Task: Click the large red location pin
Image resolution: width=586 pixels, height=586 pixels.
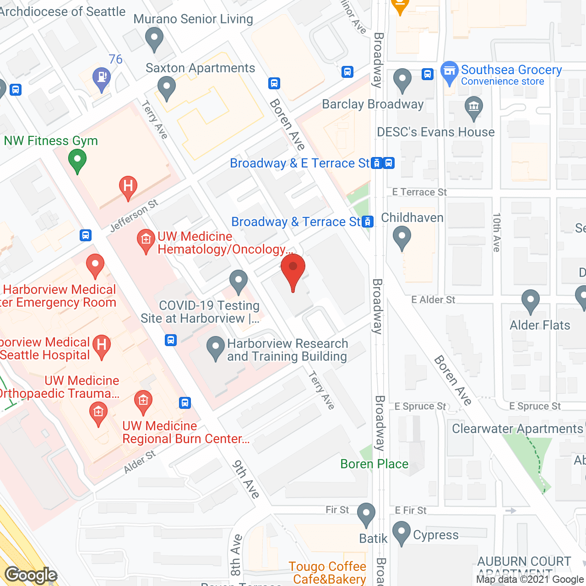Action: [293, 270]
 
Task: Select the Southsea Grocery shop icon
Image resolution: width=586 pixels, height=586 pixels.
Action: [450, 72]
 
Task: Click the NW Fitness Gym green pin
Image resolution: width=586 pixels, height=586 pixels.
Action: [77, 161]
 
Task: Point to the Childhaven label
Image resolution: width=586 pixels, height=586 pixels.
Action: [412, 218]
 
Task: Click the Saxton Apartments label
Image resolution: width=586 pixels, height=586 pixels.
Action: [200, 68]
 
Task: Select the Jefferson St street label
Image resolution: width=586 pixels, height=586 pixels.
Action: [134, 216]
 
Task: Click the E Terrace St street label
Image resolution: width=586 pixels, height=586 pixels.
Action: [419, 192]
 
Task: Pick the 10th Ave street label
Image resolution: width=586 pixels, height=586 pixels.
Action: [497, 233]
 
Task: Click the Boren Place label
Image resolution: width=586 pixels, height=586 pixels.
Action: [374, 464]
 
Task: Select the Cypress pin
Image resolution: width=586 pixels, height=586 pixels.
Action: [402, 532]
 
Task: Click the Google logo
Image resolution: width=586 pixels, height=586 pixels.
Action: [31, 575]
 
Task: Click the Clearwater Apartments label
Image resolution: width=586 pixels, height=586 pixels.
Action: [517, 429]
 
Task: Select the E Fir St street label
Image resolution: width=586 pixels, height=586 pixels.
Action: [410, 510]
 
